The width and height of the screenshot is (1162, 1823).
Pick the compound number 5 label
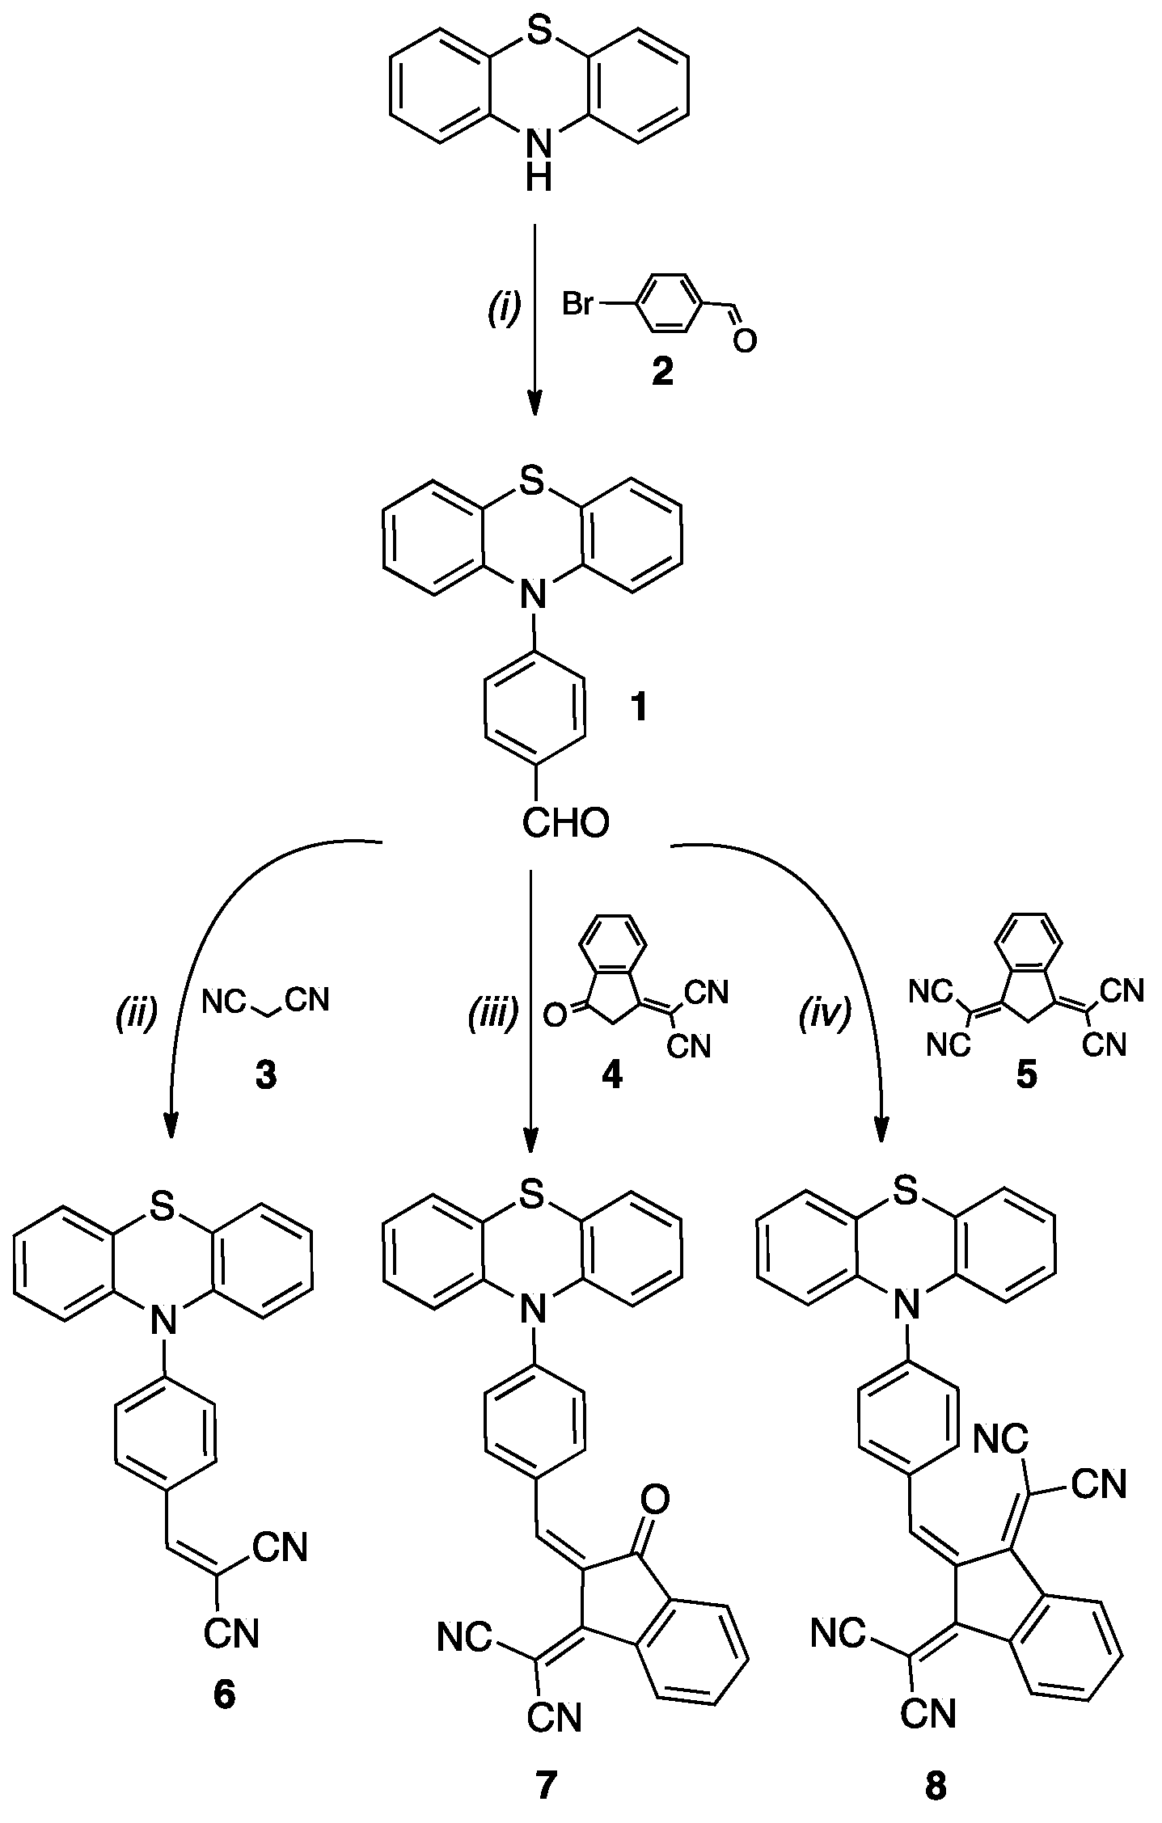1026,1077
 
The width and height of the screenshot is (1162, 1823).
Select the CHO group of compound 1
564,824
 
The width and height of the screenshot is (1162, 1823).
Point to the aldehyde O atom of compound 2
744,341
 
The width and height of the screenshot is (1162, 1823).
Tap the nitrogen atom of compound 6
165,1323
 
